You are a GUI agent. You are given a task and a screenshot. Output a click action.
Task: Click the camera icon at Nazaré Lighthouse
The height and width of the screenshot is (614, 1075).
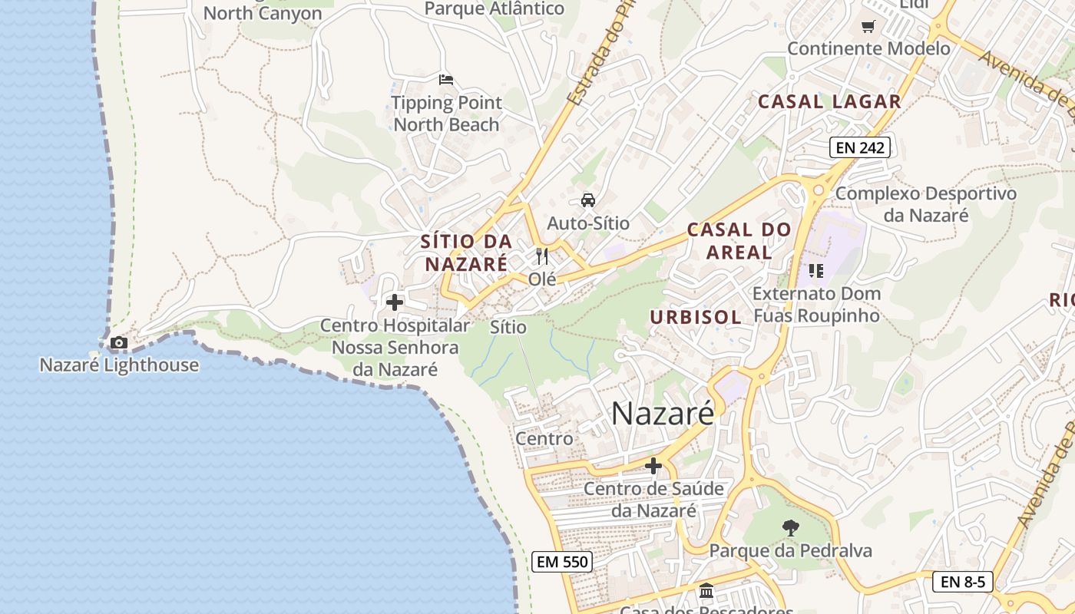[x=118, y=342]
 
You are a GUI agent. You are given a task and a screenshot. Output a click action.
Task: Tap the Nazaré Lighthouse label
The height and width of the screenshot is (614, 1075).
[x=119, y=365]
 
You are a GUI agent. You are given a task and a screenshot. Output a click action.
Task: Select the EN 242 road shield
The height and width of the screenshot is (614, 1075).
[x=860, y=147]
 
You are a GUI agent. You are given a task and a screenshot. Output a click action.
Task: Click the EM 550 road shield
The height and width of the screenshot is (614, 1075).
[x=563, y=562]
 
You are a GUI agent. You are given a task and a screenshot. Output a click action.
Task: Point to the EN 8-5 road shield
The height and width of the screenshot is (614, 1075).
[x=963, y=581]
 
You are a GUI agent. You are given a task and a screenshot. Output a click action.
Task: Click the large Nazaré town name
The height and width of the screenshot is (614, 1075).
[x=663, y=414]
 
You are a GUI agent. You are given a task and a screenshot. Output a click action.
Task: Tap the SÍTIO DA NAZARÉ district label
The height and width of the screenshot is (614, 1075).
[x=466, y=253]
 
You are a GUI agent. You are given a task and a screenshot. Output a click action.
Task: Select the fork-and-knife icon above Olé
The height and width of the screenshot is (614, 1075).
[x=542, y=256]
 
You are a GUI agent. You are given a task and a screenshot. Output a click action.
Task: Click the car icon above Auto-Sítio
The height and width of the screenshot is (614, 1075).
[x=588, y=200]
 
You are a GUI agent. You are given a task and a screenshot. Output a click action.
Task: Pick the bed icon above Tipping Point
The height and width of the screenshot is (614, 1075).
[x=446, y=79]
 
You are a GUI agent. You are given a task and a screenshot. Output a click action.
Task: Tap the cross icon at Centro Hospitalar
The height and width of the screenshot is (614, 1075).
[x=395, y=302]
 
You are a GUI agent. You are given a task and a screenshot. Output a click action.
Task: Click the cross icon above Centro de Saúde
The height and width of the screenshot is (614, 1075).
[x=653, y=466]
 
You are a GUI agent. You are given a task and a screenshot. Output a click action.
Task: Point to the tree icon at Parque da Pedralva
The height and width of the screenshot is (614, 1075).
[x=790, y=527]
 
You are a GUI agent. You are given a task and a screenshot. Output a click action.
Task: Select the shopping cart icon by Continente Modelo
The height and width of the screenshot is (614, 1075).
[x=868, y=27]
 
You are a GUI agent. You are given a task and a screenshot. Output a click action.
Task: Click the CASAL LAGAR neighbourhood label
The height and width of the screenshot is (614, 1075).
[x=829, y=101]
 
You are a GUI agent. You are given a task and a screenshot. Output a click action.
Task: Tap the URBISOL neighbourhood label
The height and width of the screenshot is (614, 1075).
[x=696, y=317]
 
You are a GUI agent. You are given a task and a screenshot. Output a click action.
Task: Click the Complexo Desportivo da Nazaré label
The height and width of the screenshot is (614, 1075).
[x=925, y=204]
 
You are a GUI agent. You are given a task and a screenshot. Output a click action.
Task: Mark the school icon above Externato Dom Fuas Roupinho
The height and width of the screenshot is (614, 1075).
[x=816, y=270]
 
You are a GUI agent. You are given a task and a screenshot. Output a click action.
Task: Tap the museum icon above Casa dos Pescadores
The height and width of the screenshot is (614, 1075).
[x=706, y=591]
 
